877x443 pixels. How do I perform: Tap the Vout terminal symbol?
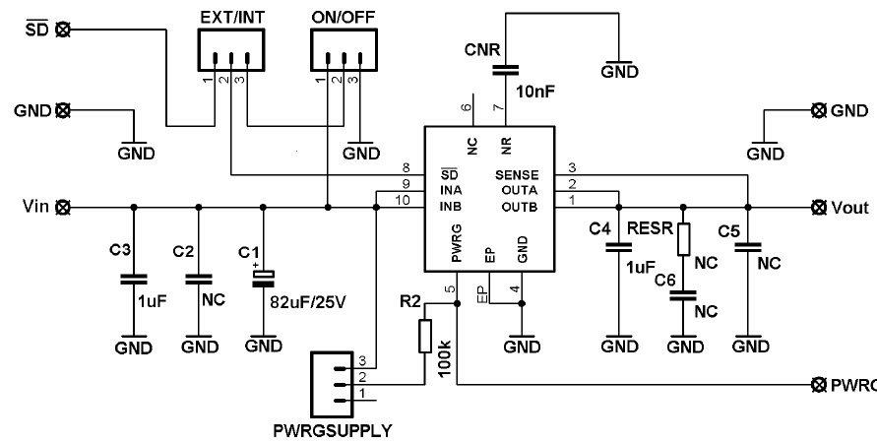point(817,208)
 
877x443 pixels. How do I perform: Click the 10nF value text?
point(533,91)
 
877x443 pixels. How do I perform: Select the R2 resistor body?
point(425,336)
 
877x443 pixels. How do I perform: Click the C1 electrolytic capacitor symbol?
point(263,279)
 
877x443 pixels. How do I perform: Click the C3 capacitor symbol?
point(134,279)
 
